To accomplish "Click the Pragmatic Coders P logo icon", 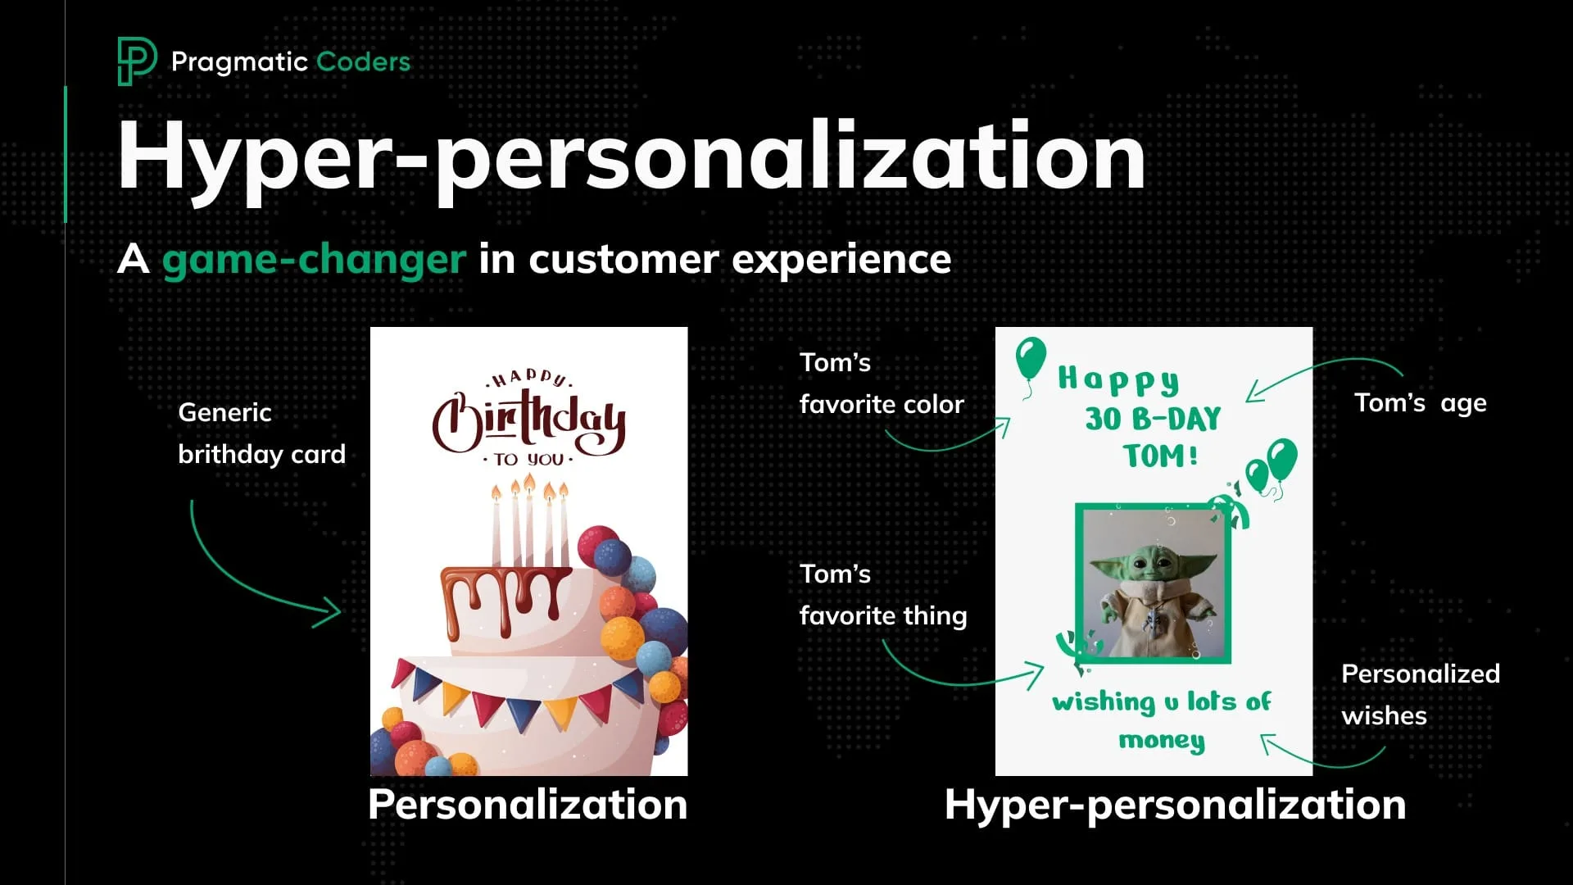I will coord(135,61).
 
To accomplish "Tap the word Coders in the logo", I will coord(363,61).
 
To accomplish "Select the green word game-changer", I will coord(314,260).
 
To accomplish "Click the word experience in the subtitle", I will coord(841,260).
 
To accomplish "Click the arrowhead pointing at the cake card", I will coord(331,611).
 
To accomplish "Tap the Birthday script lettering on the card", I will coord(528,420).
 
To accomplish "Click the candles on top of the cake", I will coord(530,524).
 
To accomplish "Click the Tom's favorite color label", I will coord(882,383).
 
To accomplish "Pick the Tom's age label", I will coord(1420,403).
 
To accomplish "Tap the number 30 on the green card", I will coord(1103,419).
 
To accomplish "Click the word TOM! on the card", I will coord(1160,456).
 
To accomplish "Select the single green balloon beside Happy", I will coord(1031,359).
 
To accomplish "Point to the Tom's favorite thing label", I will coord(883,595).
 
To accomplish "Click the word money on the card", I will coord(1162,741).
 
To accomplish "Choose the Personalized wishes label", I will coord(1420,695).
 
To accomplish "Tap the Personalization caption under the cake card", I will coord(528,805).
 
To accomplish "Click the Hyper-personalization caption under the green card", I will coord(1175,805).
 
